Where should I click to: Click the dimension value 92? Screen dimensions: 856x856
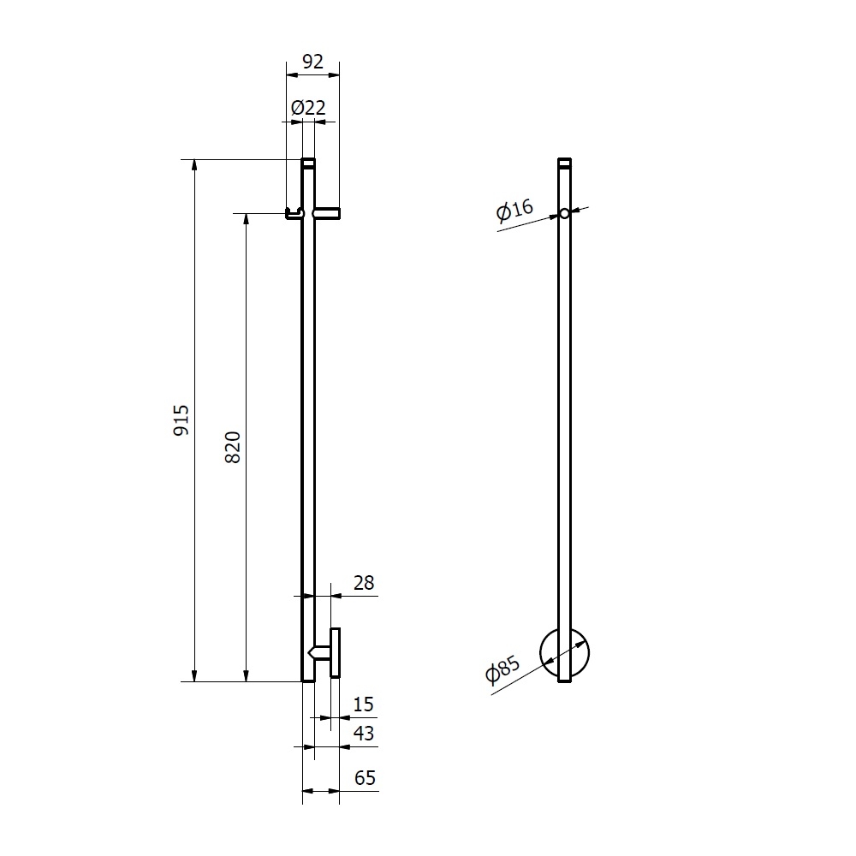coord(312,62)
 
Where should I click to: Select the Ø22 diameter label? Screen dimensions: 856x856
coord(308,108)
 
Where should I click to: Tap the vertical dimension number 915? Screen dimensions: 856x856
coord(181,419)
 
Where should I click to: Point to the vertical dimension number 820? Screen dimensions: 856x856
coord(233,447)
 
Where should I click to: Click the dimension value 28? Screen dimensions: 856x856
coord(364,583)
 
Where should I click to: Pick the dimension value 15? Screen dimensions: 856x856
coord(363,704)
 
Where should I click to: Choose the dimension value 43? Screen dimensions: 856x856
coord(364,734)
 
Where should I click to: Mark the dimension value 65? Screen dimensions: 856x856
coord(365,777)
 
